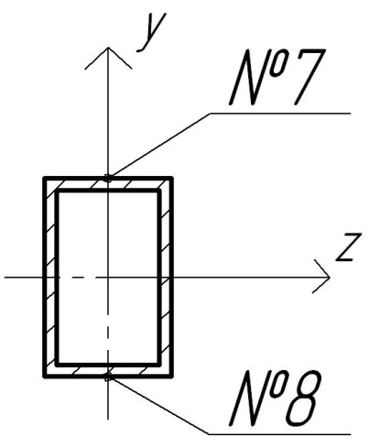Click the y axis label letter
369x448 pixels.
pyautogui.click(x=151, y=32)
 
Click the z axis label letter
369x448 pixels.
pyautogui.click(x=349, y=246)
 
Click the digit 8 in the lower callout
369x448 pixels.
pyautogui.click(x=302, y=398)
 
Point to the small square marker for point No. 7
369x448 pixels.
pyautogui.click(x=108, y=178)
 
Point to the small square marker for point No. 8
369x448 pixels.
pyautogui.click(x=108, y=377)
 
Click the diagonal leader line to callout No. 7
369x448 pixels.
pyautogui.click(x=159, y=146)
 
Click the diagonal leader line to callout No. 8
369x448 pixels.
pyautogui.click(x=159, y=406)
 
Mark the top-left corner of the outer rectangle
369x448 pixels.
pyautogui.click(x=45, y=178)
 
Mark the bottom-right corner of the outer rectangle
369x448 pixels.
pyautogui.click(x=172, y=377)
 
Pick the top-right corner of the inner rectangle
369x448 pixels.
pyautogui.click(x=159, y=191)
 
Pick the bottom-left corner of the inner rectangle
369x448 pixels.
pyautogui.click(x=57, y=365)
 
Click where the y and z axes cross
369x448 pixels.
pyautogui.click(x=108, y=278)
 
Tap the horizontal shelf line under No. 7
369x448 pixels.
pyautogui.click(x=280, y=114)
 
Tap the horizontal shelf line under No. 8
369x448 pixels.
pyautogui.click(x=280, y=434)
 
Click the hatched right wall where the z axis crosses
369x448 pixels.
pyautogui.click(x=166, y=278)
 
